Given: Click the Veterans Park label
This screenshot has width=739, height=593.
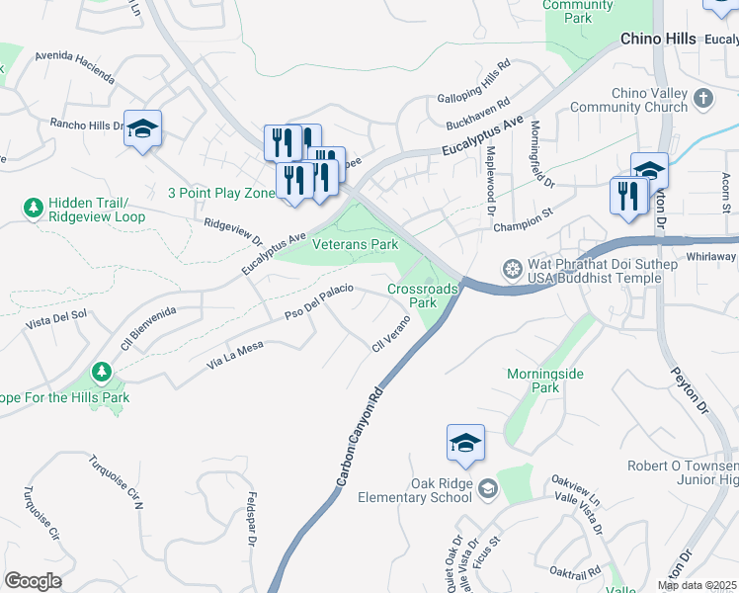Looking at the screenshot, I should coord(355,243).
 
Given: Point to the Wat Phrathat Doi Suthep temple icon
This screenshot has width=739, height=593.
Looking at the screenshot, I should coord(512,268).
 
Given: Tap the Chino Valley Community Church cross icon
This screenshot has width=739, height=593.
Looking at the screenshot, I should coord(702,99).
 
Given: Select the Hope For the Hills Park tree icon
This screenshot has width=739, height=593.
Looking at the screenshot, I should coord(100,373).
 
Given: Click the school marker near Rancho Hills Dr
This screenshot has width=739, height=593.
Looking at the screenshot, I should coord(142,129).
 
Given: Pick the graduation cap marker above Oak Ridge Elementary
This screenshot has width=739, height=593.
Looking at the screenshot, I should coord(465,444).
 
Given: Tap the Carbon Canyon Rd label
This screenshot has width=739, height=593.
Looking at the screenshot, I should coord(358,436).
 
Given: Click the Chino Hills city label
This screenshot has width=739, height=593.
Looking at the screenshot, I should coord(659,40).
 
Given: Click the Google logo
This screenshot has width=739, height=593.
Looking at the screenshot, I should coord(33,581).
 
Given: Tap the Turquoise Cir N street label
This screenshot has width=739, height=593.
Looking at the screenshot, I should coord(116,481).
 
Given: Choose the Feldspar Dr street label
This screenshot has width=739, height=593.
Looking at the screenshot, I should coord(252,520).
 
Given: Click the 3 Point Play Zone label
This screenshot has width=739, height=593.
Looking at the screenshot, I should coord(221,193).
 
